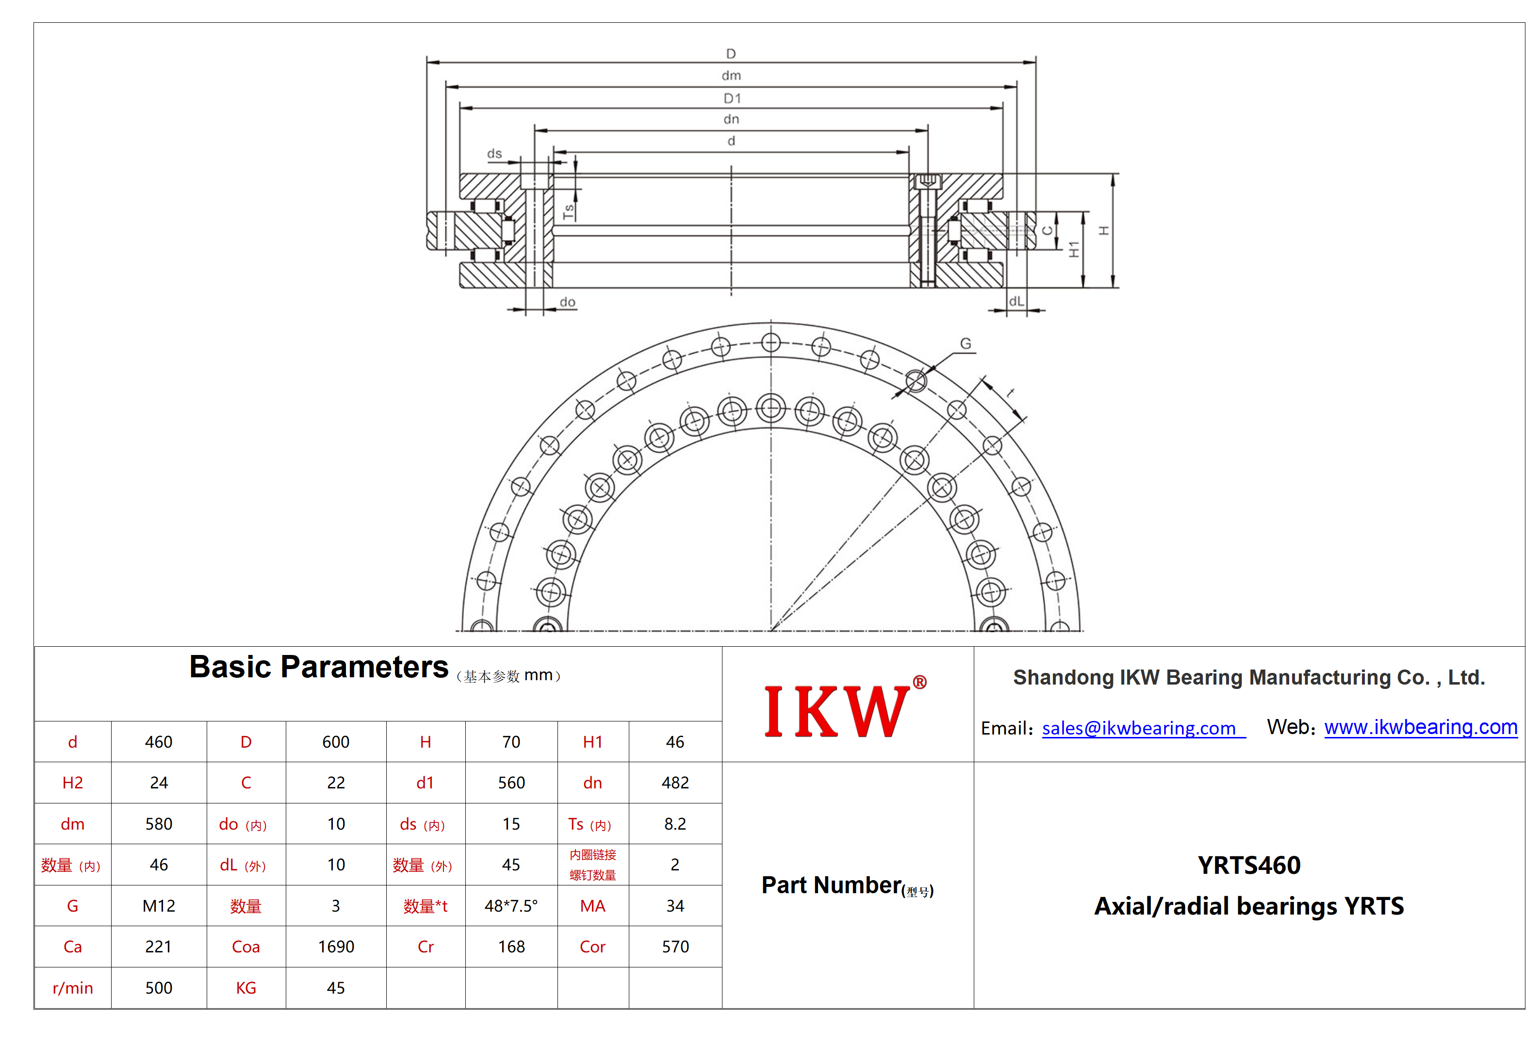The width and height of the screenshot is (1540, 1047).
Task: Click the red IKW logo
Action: pyautogui.click(x=837, y=711)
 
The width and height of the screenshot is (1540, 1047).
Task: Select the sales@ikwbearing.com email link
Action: pyautogui.click(x=1143, y=728)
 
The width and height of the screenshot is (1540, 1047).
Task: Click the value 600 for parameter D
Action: pyautogui.click(x=336, y=742)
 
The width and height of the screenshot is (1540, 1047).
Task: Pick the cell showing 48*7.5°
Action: pyautogui.click(x=511, y=906)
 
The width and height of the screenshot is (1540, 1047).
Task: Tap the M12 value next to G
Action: pyautogui.click(x=159, y=906)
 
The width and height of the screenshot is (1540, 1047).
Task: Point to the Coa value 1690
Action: pyautogui.click(x=336, y=947)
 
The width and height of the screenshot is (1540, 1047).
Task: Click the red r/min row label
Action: pyautogui.click(x=73, y=988)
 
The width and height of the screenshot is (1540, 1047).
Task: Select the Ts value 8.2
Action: pyautogui.click(x=675, y=824)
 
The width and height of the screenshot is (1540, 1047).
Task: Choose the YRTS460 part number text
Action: pyautogui.click(x=1249, y=866)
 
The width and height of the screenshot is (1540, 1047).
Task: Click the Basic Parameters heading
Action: pyautogui.click(x=319, y=667)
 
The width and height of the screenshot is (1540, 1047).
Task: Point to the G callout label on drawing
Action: pyautogui.click(x=966, y=344)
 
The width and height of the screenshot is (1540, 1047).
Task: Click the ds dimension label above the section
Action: pyautogui.click(x=494, y=154)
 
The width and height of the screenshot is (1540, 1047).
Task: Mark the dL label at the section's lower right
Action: pyautogui.click(x=1016, y=301)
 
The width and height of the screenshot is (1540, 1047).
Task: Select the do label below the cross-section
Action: pyautogui.click(x=567, y=302)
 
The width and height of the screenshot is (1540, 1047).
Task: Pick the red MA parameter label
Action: pyautogui.click(x=592, y=906)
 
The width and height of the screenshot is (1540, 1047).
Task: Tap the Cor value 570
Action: pyautogui.click(x=675, y=947)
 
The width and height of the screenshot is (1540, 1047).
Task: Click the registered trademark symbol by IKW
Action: pyautogui.click(x=920, y=682)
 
